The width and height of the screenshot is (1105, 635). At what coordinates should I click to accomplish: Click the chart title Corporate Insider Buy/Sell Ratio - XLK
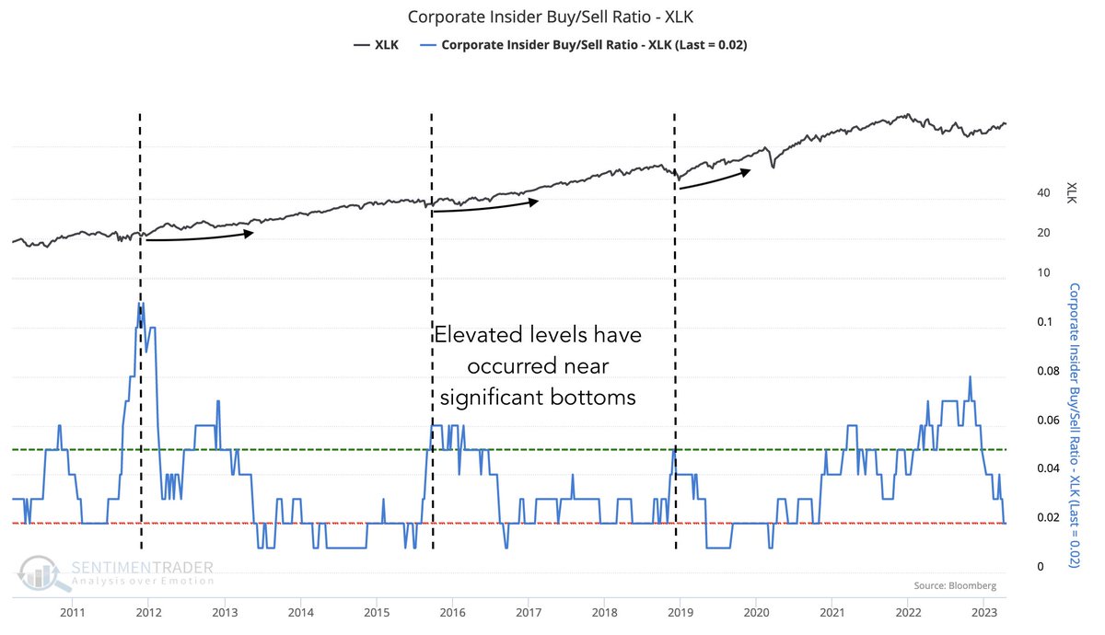pos(552,17)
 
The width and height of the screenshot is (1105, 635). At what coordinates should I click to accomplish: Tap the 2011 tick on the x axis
pos(73,612)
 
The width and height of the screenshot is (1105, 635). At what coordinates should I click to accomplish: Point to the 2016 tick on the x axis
pos(452,612)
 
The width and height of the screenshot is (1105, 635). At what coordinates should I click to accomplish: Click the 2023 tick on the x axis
pos(983,612)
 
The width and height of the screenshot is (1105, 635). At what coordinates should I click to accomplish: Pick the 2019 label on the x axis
pos(680,612)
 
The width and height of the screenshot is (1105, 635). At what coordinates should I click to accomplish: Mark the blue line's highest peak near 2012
pos(141,303)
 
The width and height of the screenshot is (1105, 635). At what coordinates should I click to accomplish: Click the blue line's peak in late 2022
pos(970,377)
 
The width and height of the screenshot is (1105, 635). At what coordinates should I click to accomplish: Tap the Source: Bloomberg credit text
pos(955,585)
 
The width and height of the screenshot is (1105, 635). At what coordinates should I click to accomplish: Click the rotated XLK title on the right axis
pos(1071,192)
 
